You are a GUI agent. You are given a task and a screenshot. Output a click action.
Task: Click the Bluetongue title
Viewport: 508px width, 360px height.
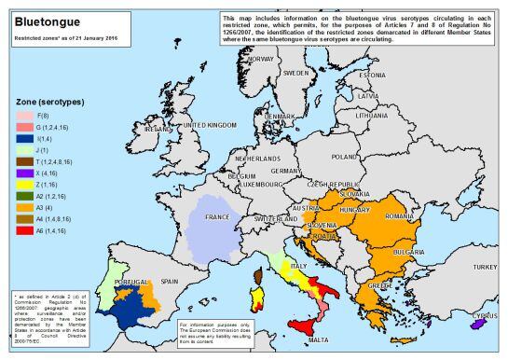click(x=45, y=21)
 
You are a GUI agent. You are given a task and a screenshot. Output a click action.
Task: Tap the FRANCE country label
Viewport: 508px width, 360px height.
click(x=217, y=216)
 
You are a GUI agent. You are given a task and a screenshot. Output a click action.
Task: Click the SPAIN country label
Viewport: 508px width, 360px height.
click(x=169, y=281)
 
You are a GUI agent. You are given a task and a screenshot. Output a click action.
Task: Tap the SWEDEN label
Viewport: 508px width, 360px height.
click(x=295, y=72)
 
